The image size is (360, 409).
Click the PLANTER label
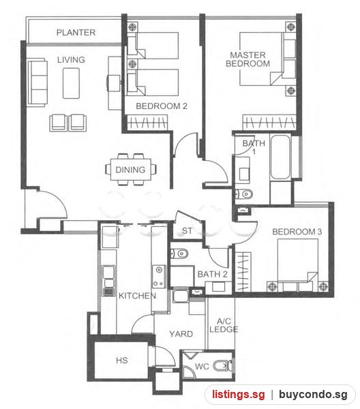76,33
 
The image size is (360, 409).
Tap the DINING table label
130,170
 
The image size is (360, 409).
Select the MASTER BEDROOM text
247,59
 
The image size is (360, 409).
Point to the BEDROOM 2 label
162,106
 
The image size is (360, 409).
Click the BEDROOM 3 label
297,232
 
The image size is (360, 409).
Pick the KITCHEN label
137,296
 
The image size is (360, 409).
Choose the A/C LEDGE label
224,325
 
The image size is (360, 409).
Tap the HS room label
122,361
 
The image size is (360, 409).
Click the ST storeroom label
187,231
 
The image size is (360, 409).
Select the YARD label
181,334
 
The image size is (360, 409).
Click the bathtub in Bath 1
280,157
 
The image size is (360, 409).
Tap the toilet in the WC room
222,365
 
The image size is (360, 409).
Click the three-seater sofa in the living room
37,83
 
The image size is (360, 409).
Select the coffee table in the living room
71,83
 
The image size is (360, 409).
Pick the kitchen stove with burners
159,277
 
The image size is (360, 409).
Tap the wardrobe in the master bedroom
269,122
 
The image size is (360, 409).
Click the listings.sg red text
238,395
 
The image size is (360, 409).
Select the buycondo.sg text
313,395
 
